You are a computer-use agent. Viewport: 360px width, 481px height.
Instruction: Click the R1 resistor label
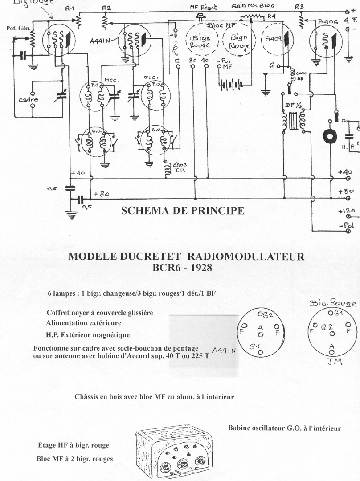(x=70, y=8)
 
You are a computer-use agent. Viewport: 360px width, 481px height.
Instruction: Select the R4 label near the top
(x=272, y=16)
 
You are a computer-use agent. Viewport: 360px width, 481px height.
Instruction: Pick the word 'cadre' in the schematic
(x=28, y=100)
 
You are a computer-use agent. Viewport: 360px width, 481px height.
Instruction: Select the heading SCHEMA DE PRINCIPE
(x=183, y=211)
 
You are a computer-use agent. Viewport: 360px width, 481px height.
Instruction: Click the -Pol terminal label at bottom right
(x=346, y=226)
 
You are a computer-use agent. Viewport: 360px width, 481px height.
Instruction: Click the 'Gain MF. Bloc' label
(x=253, y=6)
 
